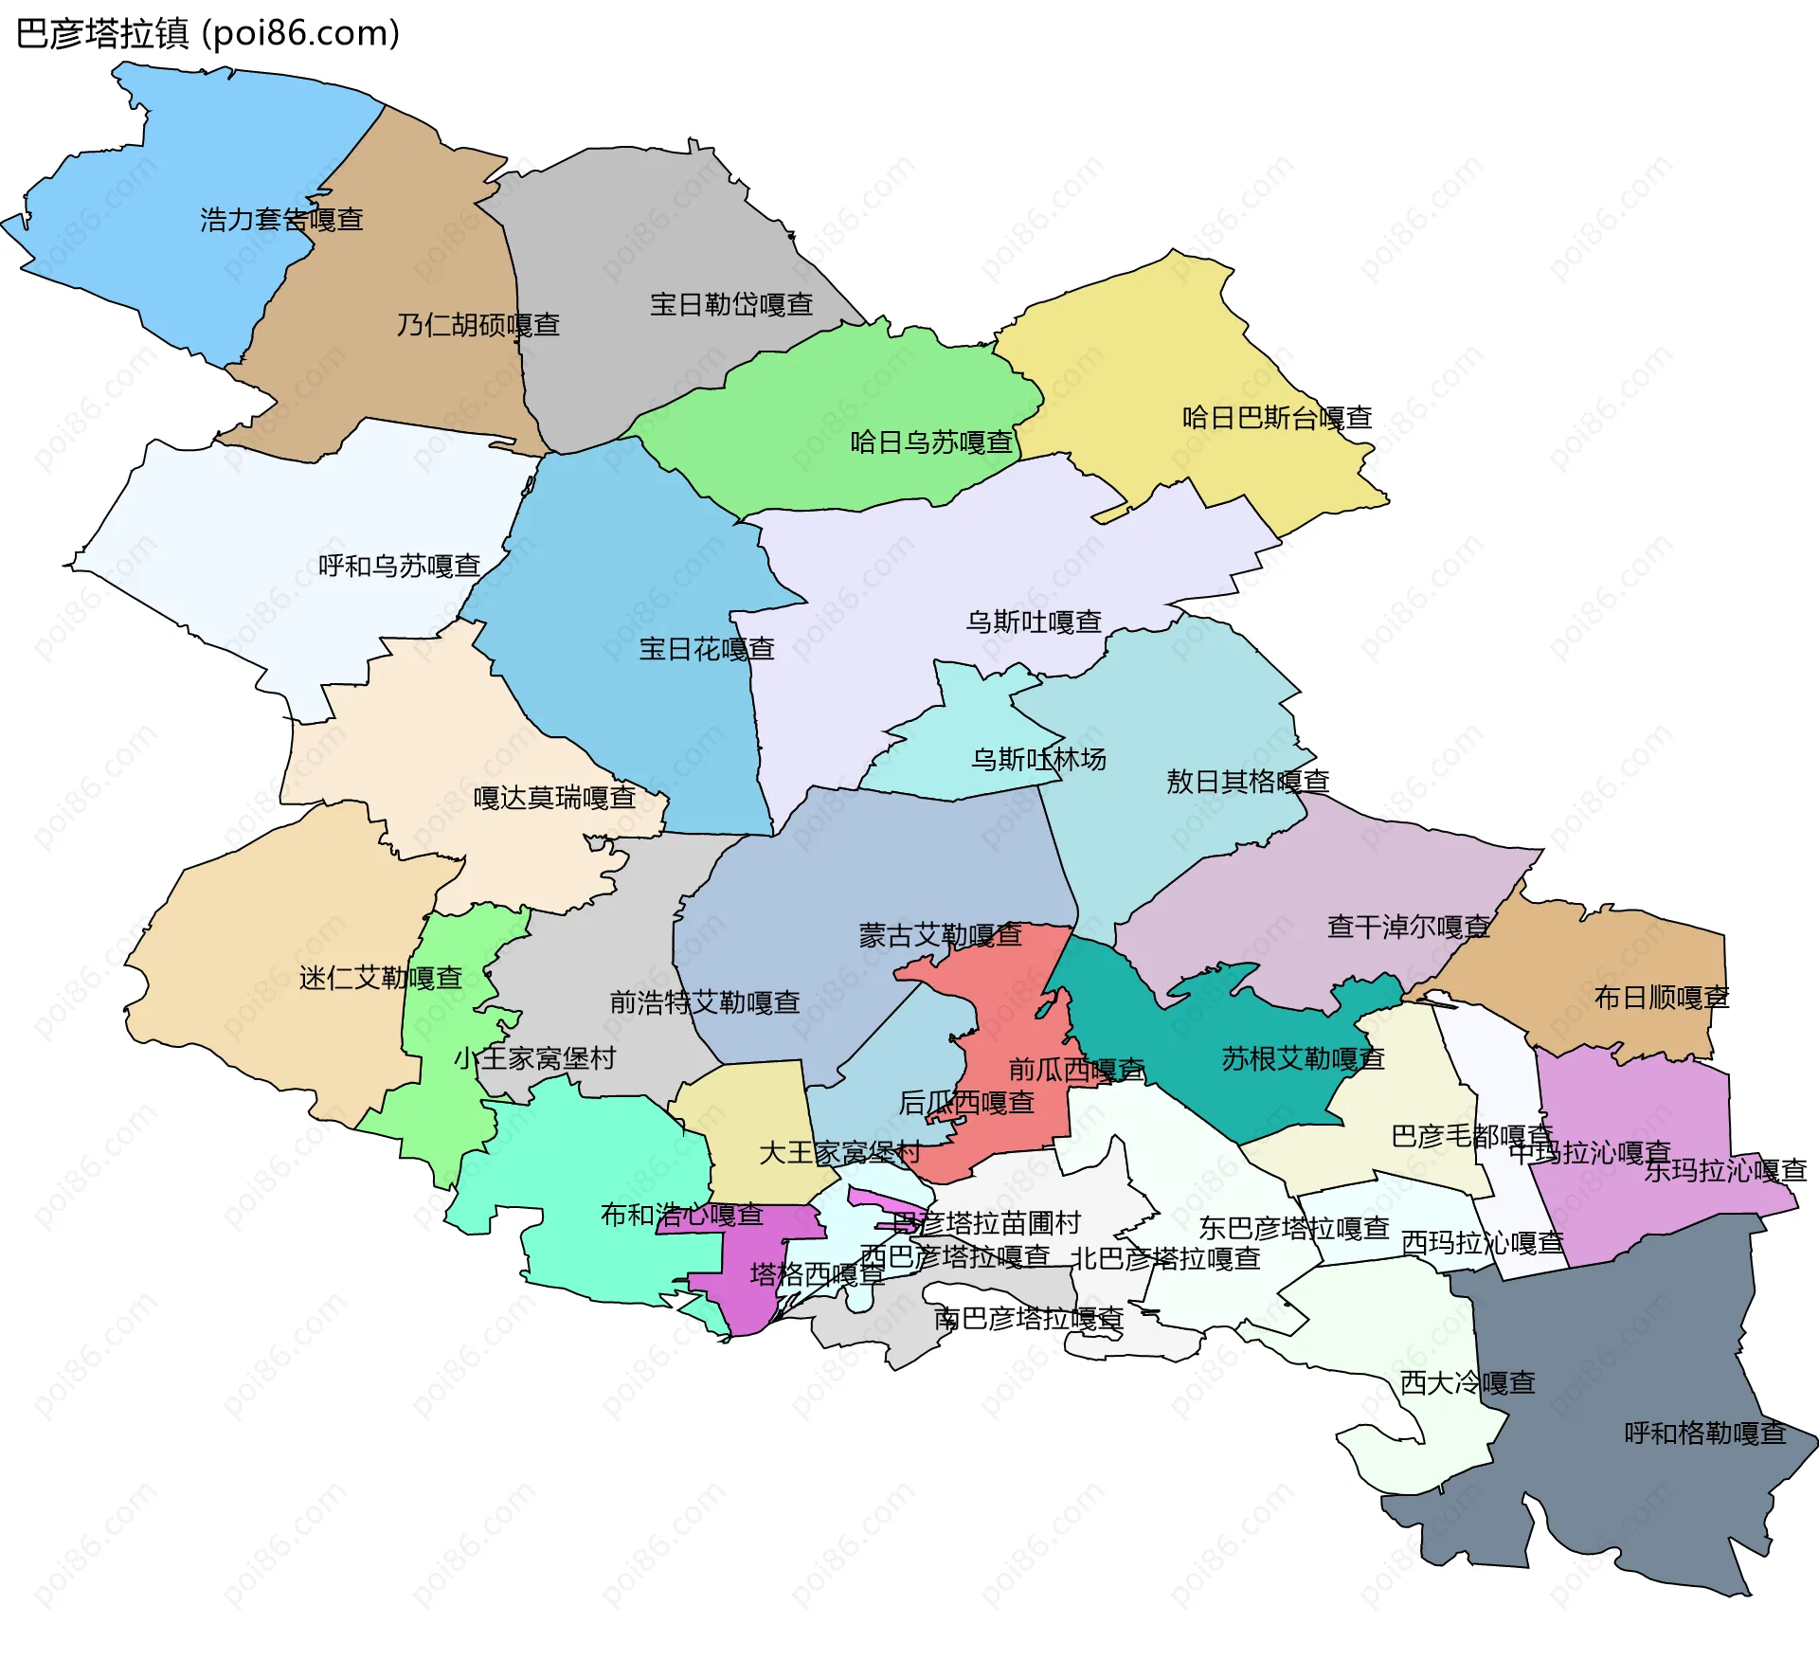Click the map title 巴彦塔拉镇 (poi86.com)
tap(207, 34)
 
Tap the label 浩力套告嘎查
tap(281, 220)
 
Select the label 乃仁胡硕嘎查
tap(478, 325)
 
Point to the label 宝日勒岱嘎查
tap(731, 304)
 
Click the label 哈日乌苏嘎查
tap(931, 442)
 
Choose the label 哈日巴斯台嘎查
tap(1277, 417)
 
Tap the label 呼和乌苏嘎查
tap(399, 566)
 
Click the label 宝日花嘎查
tap(707, 649)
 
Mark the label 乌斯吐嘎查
tap(1034, 622)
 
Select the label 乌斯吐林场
tap(1038, 759)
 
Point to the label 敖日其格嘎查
tap(1248, 782)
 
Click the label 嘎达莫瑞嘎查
tap(554, 797)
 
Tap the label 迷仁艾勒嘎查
tap(380, 978)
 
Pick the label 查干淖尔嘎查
tap(1408, 926)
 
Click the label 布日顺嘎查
tap(1661, 997)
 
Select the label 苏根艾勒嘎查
tap(1303, 1058)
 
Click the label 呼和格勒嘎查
tap(1704, 1433)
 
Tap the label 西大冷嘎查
tap(1468, 1382)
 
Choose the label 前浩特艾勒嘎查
tap(705, 1001)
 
